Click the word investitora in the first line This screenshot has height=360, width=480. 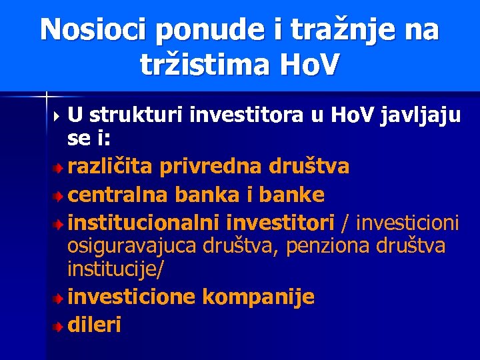pos(247,116)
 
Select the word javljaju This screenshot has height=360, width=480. pos(420,116)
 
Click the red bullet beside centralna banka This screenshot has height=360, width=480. pos(60,197)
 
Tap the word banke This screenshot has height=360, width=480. pos(291,195)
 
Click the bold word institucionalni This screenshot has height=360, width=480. pos(145,221)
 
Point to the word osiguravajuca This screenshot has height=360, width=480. pos(130,246)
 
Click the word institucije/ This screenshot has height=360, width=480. pos(116,270)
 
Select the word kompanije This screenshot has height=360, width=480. pos(258,297)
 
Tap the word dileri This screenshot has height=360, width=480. pos(94,325)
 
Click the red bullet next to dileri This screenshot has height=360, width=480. pos(60,326)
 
